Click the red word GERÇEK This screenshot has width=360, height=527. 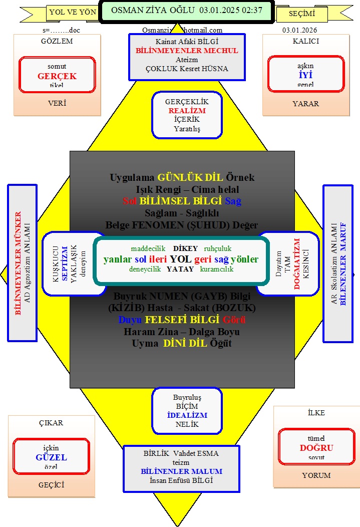point(57,76)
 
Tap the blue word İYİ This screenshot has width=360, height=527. point(305,75)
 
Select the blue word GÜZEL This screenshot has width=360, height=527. point(51,457)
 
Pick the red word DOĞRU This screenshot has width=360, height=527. point(316,447)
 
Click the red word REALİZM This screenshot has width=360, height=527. point(187,111)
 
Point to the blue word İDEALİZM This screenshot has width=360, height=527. point(187,415)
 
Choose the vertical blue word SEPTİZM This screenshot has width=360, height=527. point(65,263)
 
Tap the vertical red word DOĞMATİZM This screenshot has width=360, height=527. point(296,263)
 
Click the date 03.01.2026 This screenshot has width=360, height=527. point(299,30)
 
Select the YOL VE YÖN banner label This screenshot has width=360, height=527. point(73,13)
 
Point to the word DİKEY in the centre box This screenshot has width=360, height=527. point(185,248)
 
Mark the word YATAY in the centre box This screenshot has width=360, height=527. point(180,269)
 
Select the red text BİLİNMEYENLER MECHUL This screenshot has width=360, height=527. point(187,51)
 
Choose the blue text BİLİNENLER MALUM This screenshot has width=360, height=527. point(181,471)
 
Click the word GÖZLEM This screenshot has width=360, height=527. point(57,41)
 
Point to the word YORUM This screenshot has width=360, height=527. point(316,475)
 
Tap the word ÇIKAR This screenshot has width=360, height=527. point(51,422)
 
